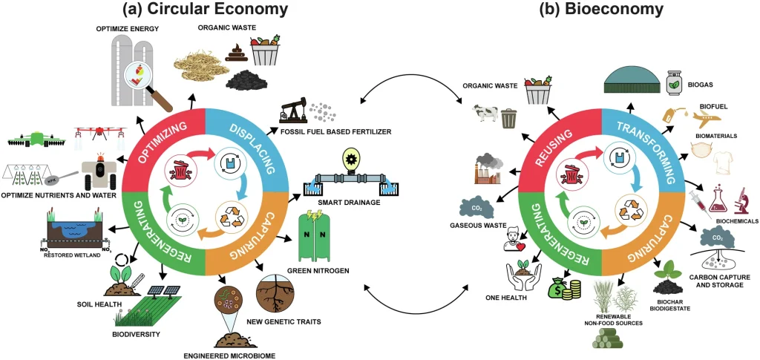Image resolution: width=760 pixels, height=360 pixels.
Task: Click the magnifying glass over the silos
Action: coord(142,77)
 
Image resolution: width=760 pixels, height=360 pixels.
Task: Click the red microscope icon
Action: coord(740,200)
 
